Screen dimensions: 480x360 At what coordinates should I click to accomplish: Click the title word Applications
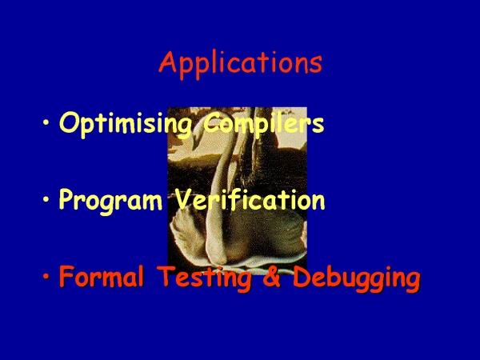click(x=240, y=64)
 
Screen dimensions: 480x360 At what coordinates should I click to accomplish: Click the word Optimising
click(x=126, y=124)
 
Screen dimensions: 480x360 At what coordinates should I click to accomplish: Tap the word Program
click(x=110, y=201)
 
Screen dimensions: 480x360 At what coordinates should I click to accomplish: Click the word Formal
click(x=102, y=276)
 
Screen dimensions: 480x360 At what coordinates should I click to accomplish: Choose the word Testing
click(x=205, y=278)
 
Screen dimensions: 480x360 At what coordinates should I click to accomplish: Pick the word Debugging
click(x=357, y=278)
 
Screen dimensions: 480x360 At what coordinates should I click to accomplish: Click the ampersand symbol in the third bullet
click(x=272, y=277)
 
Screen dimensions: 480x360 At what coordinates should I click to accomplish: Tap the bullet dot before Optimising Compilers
click(x=46, y=122)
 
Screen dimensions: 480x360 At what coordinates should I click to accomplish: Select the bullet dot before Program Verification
click(x=46, y=199)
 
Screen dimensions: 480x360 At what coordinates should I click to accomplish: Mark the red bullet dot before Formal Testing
click(x=46, y=277)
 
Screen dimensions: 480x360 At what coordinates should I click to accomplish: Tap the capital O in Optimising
click(x=68, y=122)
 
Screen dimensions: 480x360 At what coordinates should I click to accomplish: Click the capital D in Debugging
click(x=302, y=276)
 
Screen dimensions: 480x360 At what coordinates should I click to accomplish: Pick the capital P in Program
click(x=66, y=199)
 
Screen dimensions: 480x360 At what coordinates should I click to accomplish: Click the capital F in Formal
click(x=67, y=276)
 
